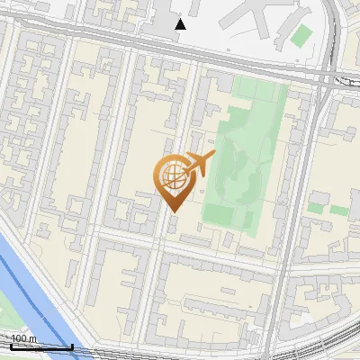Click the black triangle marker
[x=181, y=24]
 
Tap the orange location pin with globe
[x=175, y=180]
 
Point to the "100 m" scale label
[x=23, y=338]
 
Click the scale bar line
[x=40, y=346]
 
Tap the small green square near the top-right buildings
[x=301, y=36]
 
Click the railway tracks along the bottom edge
[x=270, y=351]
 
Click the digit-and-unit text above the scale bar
[x=23, y=338]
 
